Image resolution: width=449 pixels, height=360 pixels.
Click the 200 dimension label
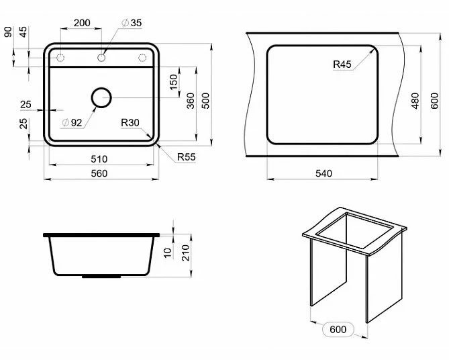(x=82, y=23)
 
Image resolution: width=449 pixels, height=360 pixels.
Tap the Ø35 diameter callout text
(x=132, y=23)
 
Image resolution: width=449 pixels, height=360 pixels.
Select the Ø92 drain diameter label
(x=72, y=123)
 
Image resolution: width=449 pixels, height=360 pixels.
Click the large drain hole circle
(x=101, y=98)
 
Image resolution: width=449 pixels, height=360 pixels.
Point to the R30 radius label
(x=130, y=123)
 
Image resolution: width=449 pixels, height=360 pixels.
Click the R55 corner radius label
(x=187, y=156)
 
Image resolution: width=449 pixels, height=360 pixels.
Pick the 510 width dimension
(x=99, y=159)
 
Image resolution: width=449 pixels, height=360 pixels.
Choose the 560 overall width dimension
(x=99, y=173)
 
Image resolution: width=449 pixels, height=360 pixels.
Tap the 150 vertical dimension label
(x=174, y=82)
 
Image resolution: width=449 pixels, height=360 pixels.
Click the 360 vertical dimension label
(x=190, y=101)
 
